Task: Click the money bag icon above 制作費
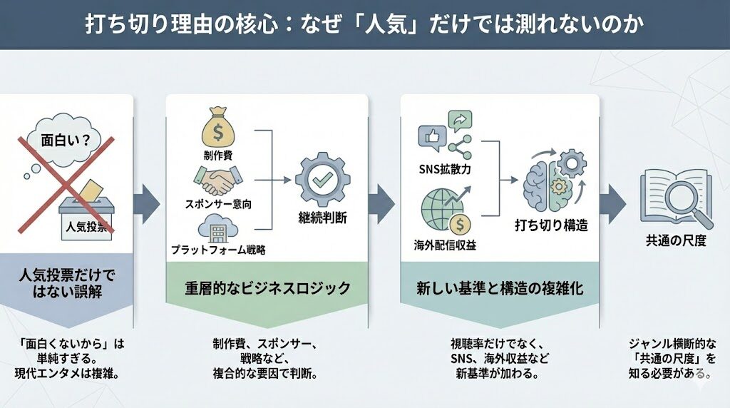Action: pyautogui.click(x=218, y=128)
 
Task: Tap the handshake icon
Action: pyautogui.click(x=217, y=180)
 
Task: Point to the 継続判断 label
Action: pyautogui.click(x=322, y=218)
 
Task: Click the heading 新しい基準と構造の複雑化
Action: pyautogui.click(x=499, y=287)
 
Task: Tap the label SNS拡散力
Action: pyautogui.click(x=445, y=169)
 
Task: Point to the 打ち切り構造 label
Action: pyautogui.click(x=551, y=225)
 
